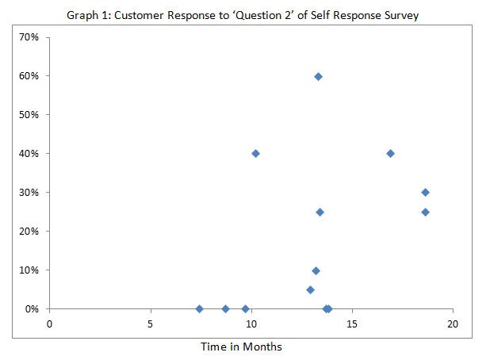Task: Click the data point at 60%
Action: pos(318,76)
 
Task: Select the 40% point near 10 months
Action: pos(255,153)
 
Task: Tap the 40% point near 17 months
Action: pos(390,153)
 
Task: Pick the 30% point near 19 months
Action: pos(425,192)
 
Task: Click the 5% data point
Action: pos(310,289)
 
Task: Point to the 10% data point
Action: pos(316,270)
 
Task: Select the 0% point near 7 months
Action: pos(199,308)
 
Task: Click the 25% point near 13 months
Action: pos(320,212)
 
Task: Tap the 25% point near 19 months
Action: pos(425,212)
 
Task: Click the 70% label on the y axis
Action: pos(30,37)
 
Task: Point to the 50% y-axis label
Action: pos(30,115)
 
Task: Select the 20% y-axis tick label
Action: pos(30,231)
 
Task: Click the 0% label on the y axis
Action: pos(33,308)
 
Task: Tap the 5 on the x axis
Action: pos(150,324)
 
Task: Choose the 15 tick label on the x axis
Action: pos(351,324)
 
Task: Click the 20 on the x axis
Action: pos(452,324)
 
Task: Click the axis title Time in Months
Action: pos(241,347)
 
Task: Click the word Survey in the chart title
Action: pos(395,14)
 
